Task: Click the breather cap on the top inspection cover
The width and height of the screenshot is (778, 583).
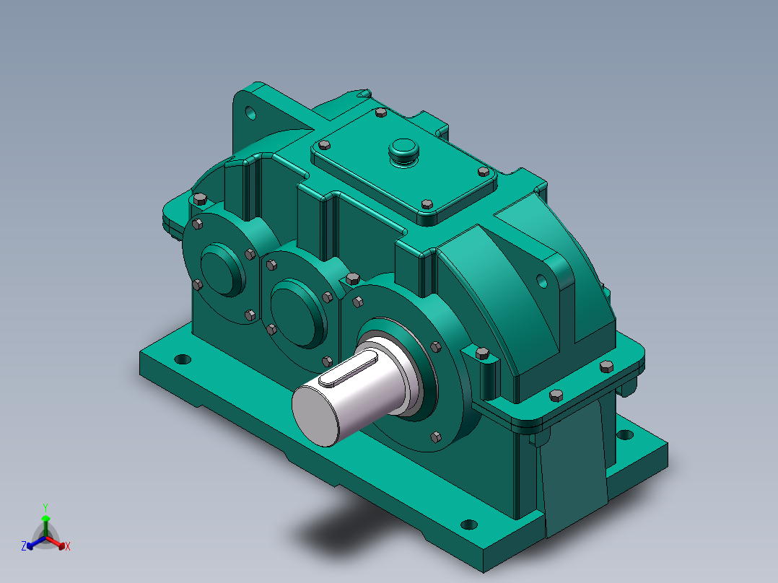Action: coord(403,151)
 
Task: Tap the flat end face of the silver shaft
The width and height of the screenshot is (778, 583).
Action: coord(315,416)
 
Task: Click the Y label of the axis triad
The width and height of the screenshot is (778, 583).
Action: coord(45,507)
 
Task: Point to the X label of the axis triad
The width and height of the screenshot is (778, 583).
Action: coord(68,546)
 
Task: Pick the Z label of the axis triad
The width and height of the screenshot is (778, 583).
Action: coord(24,545)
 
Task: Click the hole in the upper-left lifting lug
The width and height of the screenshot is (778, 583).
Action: coord(250,113)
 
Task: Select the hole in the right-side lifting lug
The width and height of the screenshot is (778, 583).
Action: coord(542,281)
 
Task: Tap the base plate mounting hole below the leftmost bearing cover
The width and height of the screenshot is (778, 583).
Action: coord(183,359)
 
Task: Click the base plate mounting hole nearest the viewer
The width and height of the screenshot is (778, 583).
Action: coord(469,525)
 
